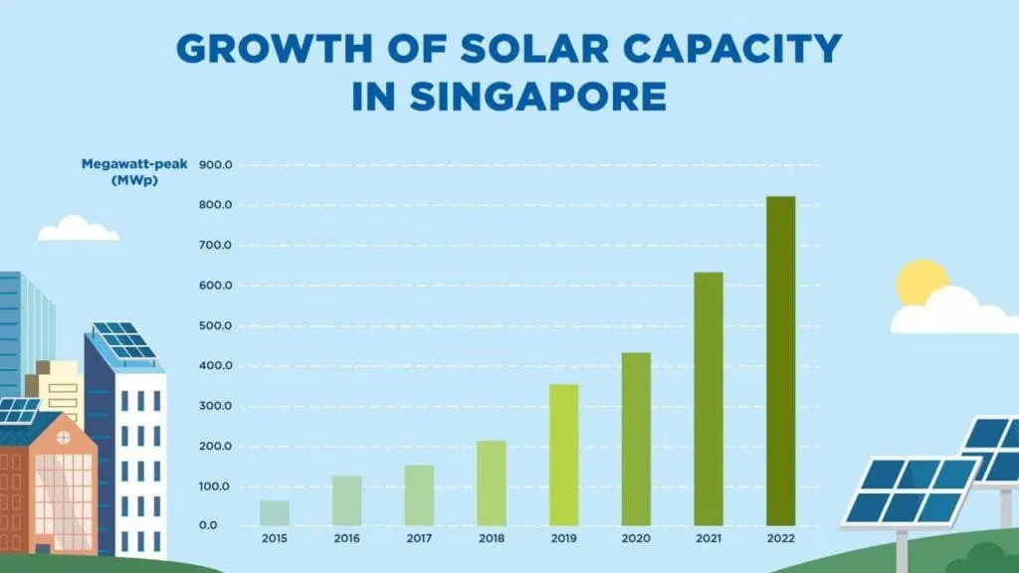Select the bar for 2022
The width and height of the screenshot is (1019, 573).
point(780,360)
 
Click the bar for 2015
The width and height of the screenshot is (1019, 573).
point(275,512)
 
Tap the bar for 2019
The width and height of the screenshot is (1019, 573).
point(563,455)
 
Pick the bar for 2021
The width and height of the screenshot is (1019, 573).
point(709,398)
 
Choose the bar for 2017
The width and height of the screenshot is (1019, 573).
point(419,494)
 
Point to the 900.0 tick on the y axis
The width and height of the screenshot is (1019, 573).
point(216,165)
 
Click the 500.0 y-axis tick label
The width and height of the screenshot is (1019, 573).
point(216,326)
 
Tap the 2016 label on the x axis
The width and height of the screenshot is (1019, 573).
point(347,538)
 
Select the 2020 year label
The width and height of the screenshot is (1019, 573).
point(636,538)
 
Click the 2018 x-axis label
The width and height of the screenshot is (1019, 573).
point(492,538)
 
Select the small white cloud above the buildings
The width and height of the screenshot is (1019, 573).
point(78,230)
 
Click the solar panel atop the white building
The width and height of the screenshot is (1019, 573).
point(124,340)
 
